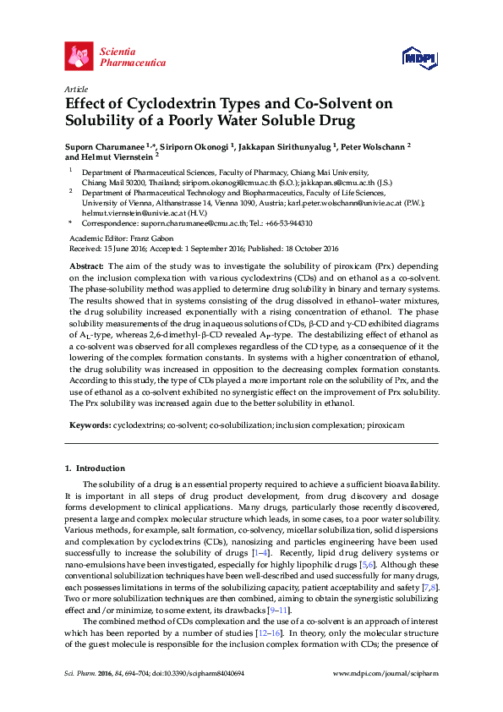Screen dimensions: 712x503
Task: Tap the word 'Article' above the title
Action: (x=76, y=89)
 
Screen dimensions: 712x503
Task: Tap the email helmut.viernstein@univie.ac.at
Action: (x=127, y=213)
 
